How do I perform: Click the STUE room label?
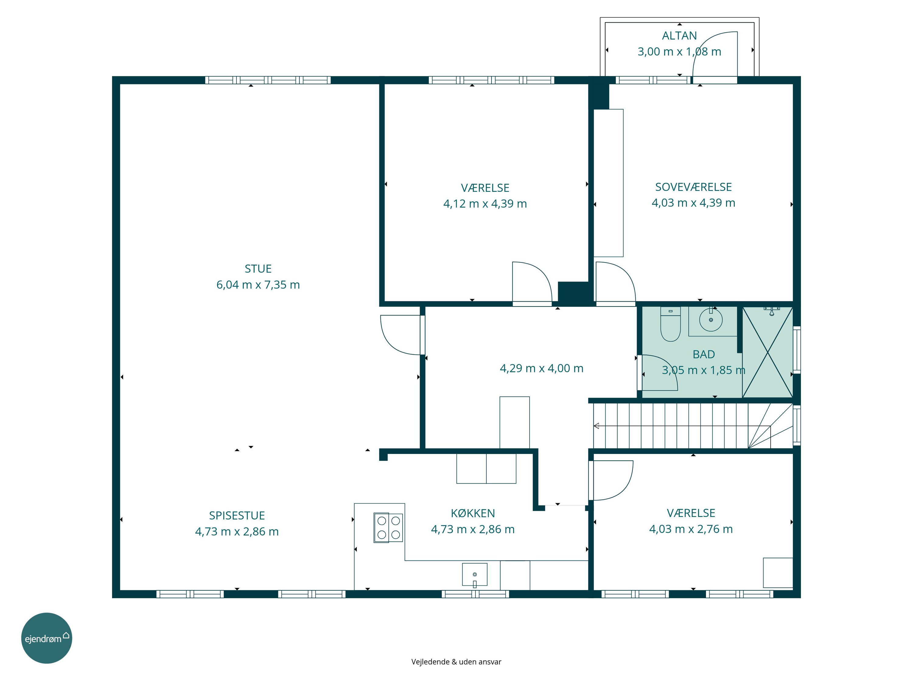tap(258, 269)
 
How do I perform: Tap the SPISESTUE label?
tap(237, 515)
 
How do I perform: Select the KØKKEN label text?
tap(473, 513)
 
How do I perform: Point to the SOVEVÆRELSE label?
tap(693, 187)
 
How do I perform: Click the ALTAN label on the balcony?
tap(679, 36)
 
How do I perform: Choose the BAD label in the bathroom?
tap(704, 354)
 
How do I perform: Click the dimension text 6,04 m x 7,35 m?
tap(258, 285)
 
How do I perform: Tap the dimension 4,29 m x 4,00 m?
tap(541, 368)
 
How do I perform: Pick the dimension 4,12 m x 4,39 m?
tap(485, 204)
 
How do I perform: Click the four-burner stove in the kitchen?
tap(388, 527)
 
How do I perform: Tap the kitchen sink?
tap(475, 575)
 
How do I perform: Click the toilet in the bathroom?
tap(670, 325)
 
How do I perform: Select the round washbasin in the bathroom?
tap(711, 320)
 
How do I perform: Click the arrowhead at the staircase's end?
tap(596, 426)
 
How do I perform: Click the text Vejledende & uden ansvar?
tap(456, 662)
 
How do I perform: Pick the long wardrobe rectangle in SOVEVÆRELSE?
tap(608, 183)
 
